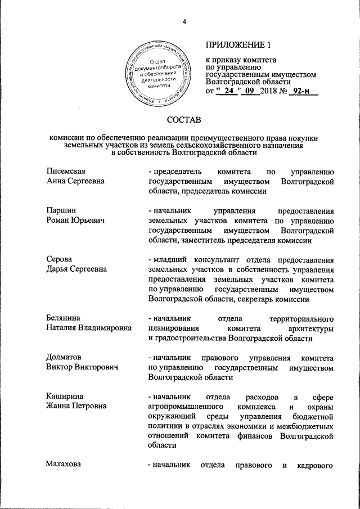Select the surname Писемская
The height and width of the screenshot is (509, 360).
coord(69,172)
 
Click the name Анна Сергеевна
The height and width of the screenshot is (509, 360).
coord(75,181)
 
